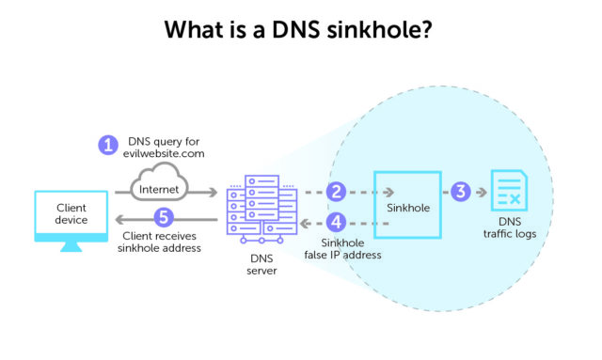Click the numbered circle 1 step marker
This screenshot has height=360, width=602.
coord(109,146)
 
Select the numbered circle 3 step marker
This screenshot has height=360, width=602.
coord(460,192)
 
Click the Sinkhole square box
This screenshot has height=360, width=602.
coord(406,204)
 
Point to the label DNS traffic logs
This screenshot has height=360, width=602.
coord(513,227)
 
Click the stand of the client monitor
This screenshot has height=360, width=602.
coord(71,250)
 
